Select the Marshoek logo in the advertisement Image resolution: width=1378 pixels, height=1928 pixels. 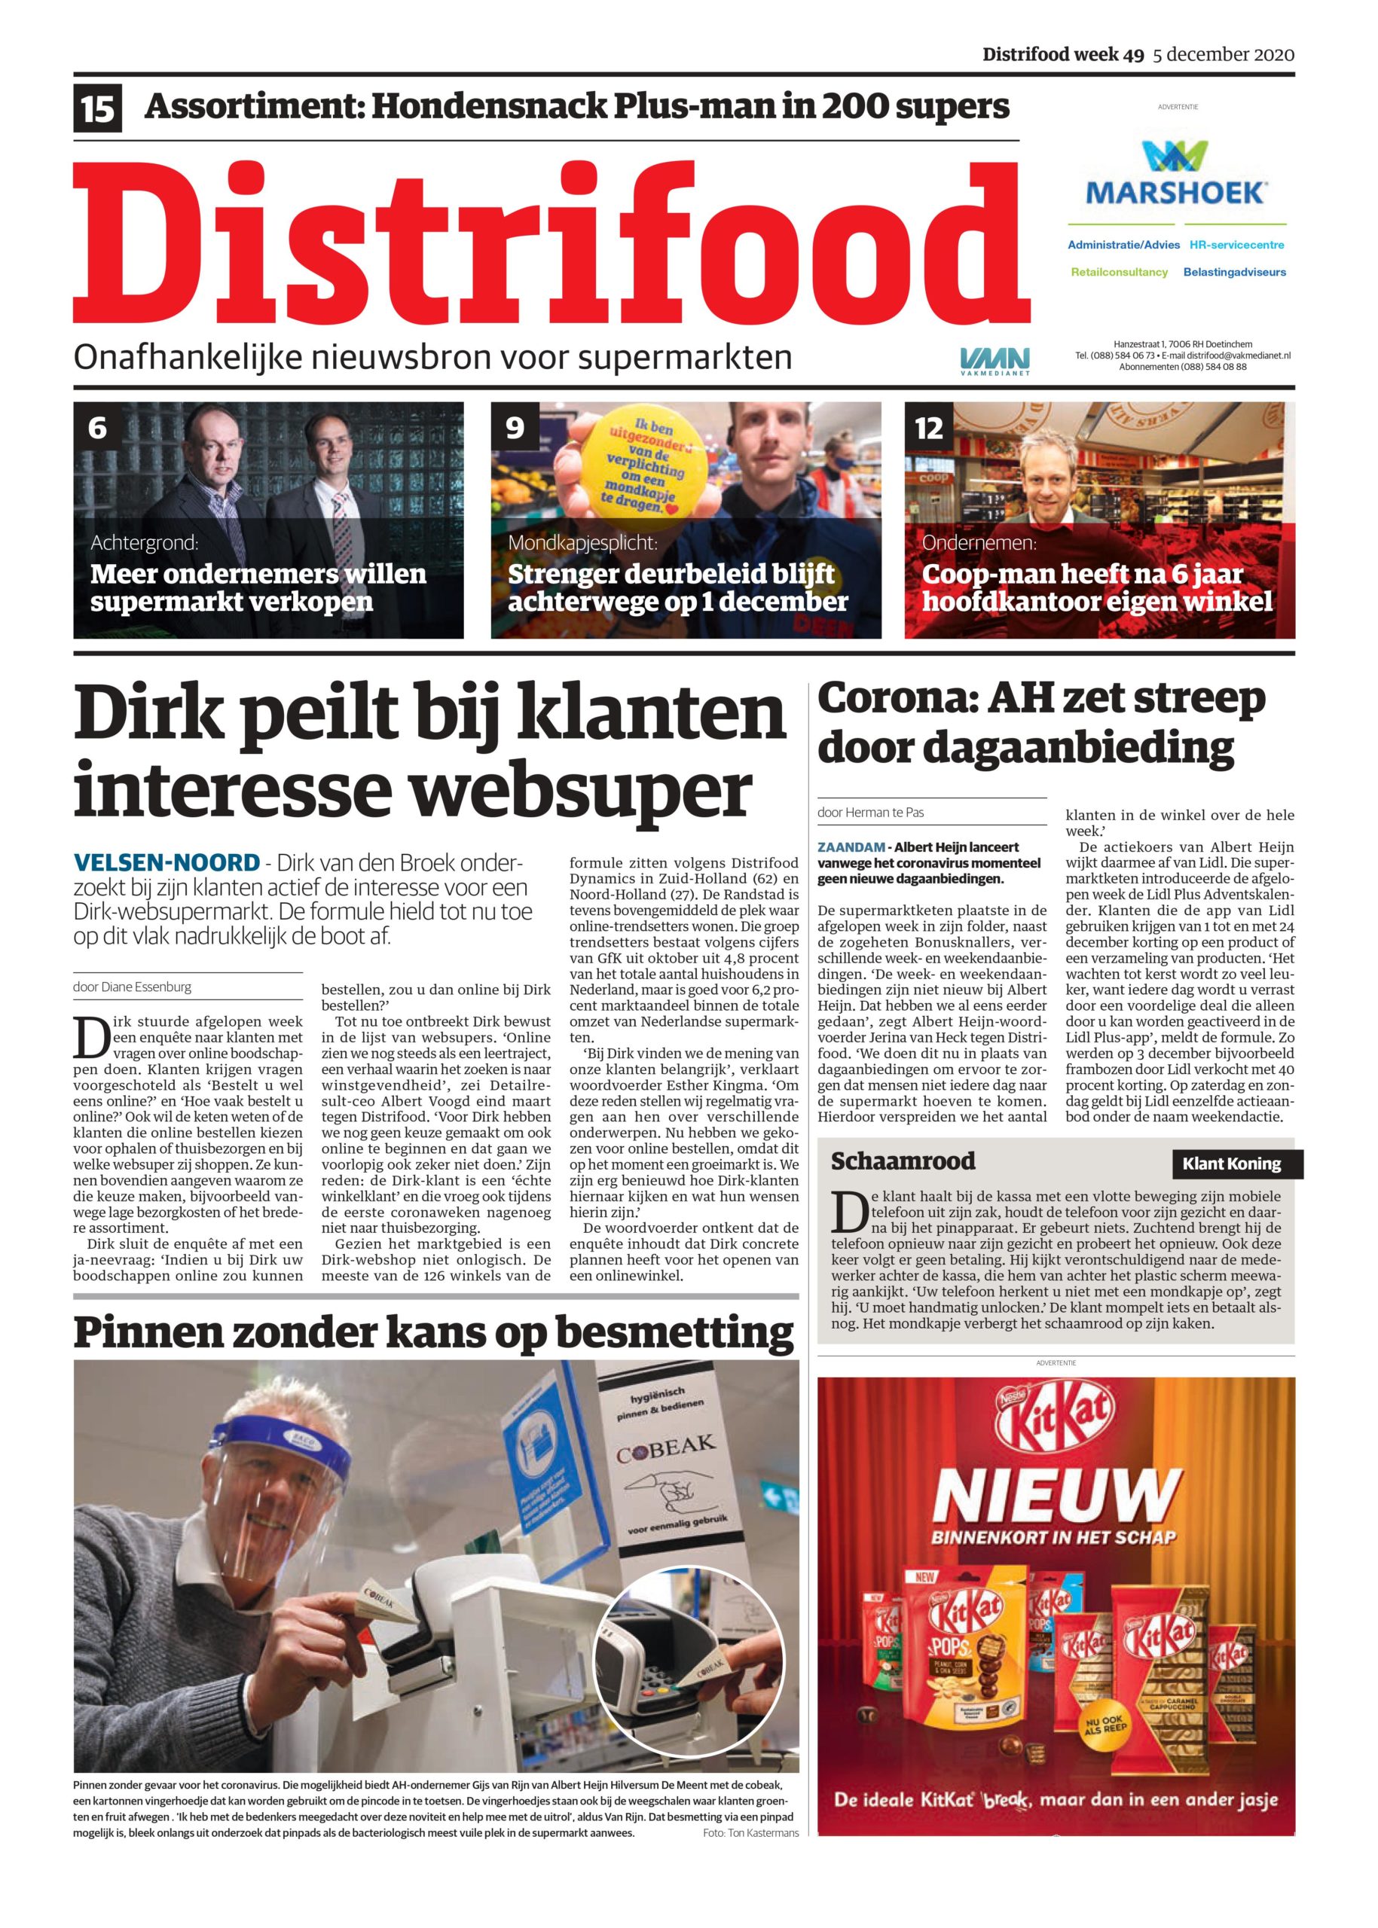point(1176,173)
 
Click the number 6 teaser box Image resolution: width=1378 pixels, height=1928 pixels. point(98,428)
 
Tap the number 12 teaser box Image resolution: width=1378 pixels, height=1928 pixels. point(929,428)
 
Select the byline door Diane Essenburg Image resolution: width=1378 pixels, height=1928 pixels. point(133,987)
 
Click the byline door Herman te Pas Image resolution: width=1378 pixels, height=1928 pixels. point(871,812)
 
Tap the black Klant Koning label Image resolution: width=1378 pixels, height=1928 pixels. point(1231,1164)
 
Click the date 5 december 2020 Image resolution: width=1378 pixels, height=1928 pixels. point(1223,55)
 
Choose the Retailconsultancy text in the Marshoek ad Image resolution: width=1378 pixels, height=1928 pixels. point(1119,273)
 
